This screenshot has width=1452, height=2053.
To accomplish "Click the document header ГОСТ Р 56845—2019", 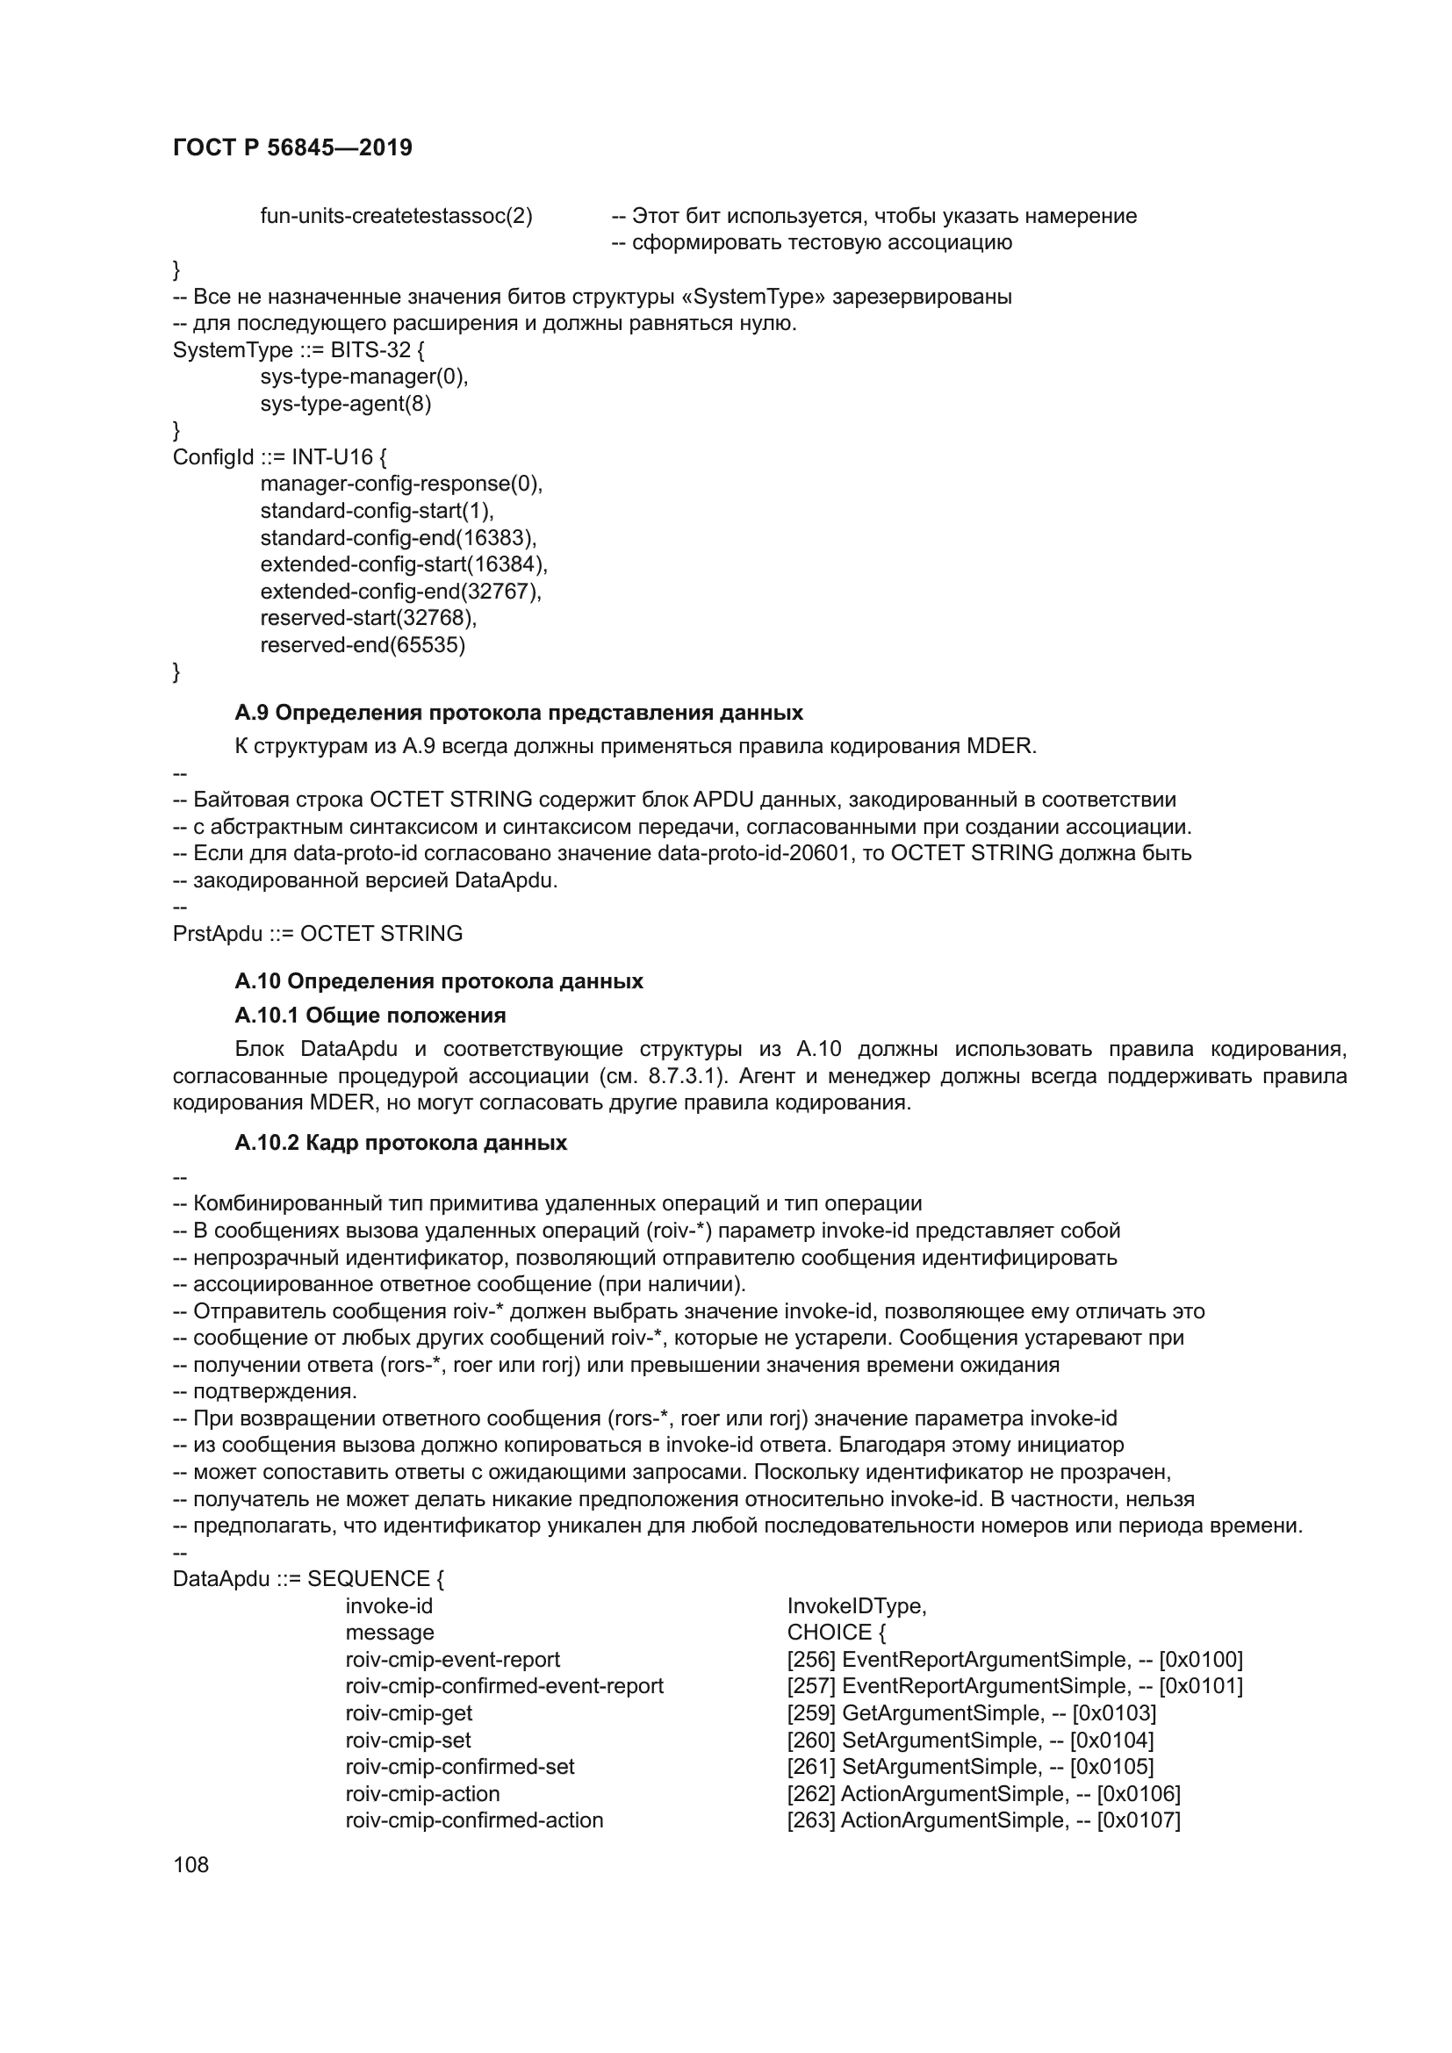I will (x=292, y=147).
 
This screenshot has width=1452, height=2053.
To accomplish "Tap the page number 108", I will (x=190, y=1864).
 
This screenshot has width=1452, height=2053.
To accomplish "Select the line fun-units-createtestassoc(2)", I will (x=396, y=217).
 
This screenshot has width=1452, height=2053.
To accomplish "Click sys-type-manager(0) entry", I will (x=364, y=377).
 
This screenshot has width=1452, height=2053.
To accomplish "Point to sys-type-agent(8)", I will (x=345, y=404).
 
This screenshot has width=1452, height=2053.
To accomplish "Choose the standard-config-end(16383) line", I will (x=398, y=538).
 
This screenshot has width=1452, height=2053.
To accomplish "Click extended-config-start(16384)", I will (x=403, y=565).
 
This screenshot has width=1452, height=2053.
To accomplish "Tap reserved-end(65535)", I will (x=362, y=646).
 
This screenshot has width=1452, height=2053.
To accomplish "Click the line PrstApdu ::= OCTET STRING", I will (x=318, y=934).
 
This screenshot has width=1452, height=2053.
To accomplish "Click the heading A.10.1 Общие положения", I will (x=370, y=1015).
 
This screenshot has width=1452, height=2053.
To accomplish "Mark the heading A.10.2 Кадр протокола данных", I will (x=400, y=1143).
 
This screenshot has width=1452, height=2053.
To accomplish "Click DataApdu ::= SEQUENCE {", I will (x=308, y=1579).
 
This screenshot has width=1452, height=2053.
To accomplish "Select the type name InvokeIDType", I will (x=856, y=1606).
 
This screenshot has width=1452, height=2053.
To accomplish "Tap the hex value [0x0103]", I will (x=1114, y=1713).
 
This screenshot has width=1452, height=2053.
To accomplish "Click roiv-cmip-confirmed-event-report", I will (x=504, y=1686).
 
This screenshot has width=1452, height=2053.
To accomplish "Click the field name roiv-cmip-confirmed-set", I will (x=459, y=1767).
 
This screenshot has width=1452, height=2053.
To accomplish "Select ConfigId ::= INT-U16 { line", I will (x=279, y=458).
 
